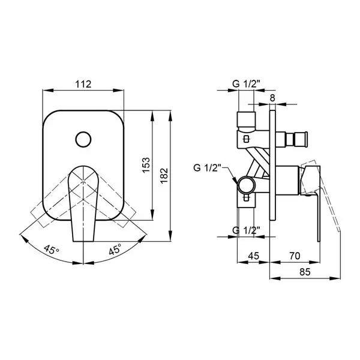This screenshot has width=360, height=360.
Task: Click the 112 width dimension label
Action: [x=83, y=84]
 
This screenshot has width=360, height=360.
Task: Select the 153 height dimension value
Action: [x=146, y=165]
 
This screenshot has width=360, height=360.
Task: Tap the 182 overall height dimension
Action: [x=164, y=176]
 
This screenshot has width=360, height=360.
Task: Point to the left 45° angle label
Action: [x=52, y=250]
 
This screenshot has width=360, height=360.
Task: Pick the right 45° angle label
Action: [x=115, y=249]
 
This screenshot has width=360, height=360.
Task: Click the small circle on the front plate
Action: [x=83, y=139]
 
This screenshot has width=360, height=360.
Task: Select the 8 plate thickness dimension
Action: [x=272, y=98]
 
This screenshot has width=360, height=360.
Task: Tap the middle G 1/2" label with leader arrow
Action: [x=208, y=168]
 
